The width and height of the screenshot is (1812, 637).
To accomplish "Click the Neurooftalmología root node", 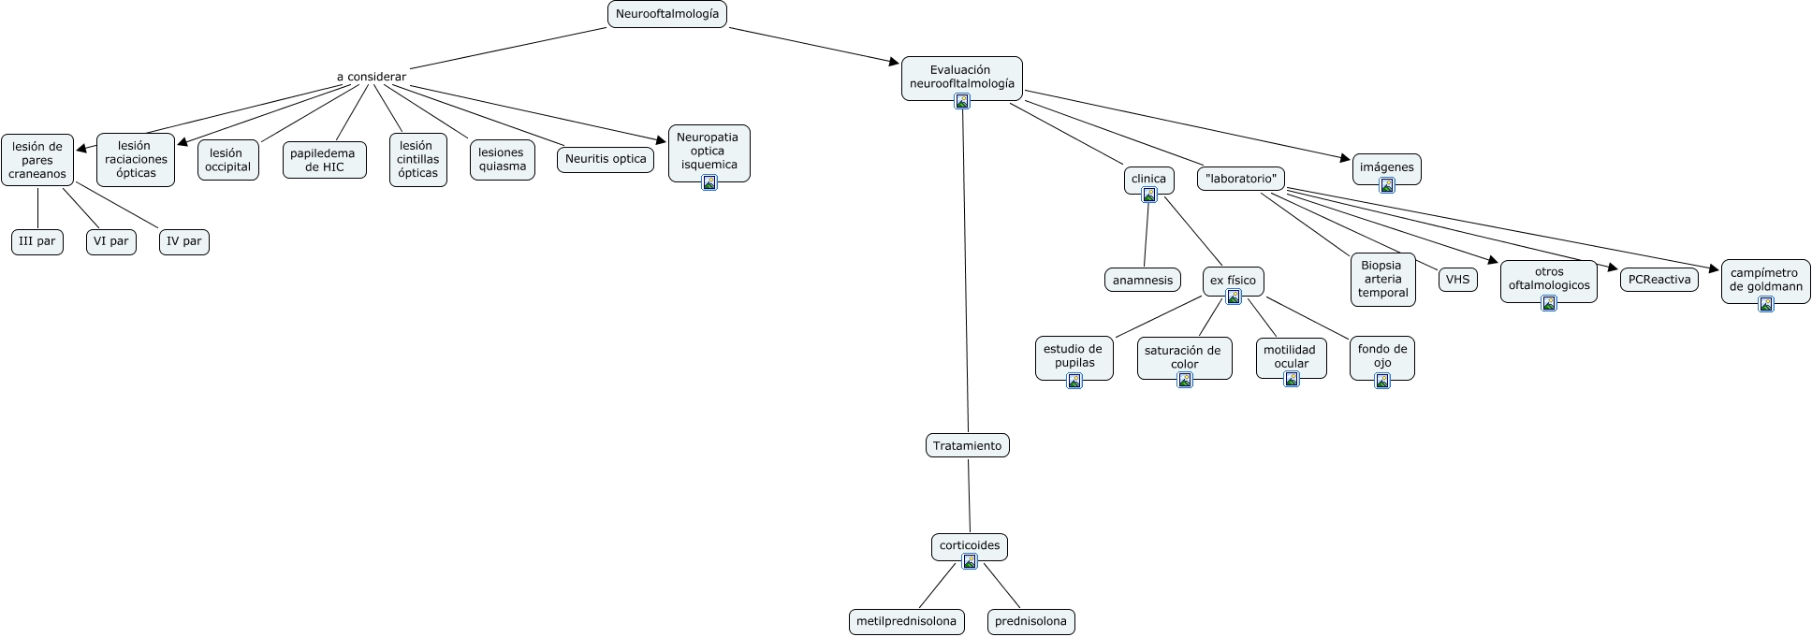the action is coord(667,14).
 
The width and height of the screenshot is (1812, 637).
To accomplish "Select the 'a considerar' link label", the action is coord(372,77).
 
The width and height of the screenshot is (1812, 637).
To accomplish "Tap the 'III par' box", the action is coord(37,241).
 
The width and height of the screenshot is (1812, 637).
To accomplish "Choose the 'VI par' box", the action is coord(111,241).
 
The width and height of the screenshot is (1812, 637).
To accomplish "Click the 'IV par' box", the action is coord(184,241).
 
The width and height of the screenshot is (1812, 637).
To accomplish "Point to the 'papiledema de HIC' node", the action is coord(324,160).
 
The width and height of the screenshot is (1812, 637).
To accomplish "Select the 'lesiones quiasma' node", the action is coord(503,160).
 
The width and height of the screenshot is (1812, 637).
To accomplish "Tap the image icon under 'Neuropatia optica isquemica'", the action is coord(709,182).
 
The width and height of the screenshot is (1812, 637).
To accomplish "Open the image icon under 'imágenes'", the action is coord(1387,185).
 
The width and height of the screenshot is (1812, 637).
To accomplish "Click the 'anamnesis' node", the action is coord(1143,280).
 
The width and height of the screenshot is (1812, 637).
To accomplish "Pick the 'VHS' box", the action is coord(1457,279).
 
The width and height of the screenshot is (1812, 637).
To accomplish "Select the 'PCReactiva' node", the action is coord(1659,279).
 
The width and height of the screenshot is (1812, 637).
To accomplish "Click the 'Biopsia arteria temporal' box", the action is coord(1383,279).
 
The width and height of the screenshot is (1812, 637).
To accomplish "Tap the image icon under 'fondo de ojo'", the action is coord(1382,380).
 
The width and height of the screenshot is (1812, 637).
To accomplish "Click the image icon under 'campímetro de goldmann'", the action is coord(1766,303).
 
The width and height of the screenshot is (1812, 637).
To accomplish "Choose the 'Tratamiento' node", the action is coord(968,445).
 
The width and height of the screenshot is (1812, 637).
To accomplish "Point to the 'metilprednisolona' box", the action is coord(907,621).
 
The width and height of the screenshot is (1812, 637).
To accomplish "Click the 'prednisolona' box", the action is coord(1031,621).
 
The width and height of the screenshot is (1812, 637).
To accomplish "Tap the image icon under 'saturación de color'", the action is coord(1185,380).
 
